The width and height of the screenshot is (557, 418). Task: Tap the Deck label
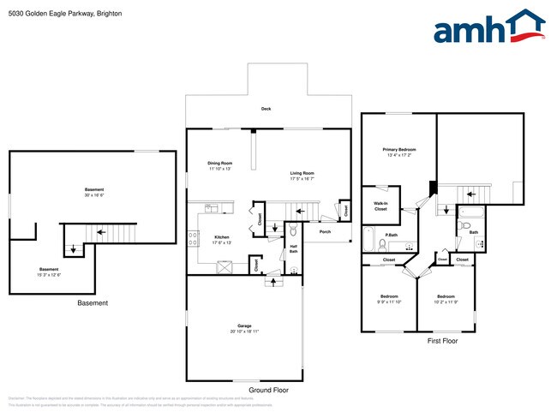267,109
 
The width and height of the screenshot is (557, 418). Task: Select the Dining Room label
220,163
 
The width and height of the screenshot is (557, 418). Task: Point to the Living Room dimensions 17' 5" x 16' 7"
301,179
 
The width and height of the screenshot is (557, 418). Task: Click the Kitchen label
221,236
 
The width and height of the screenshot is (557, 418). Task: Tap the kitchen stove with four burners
226,266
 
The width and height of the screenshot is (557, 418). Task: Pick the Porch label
325,231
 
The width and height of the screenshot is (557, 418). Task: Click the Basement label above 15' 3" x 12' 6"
49,269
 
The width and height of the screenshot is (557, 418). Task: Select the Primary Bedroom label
399,149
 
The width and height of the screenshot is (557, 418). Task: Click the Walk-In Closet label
380,206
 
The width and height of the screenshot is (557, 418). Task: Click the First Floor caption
442,340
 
